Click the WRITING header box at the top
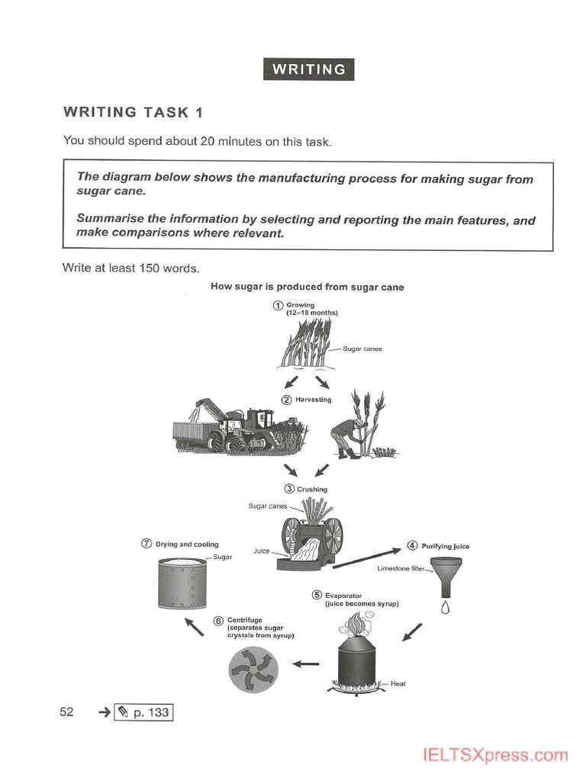[x=308, y=69]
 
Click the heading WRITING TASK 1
[x=134, y=112]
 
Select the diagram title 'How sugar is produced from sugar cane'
[x=307, y=287]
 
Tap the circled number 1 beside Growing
[x=279, y=305]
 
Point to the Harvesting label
[x=314, y=400]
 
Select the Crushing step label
[x=311, y=489]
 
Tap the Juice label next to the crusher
[x=262, y=550]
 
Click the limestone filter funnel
[x=446, y=575]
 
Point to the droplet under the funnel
[x=446, y=608]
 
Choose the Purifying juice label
[x=445, y=546]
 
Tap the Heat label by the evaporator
[x=398, y=683]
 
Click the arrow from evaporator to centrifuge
[x=306, y=664]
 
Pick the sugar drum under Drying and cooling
[x=182, y=588]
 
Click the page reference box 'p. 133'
[x=143, y=712]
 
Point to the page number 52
[x=66, y=712]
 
